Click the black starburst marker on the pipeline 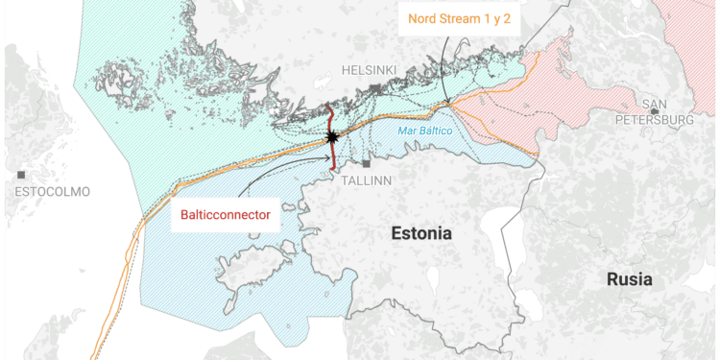tap(332, 138)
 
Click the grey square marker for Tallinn tap(366, 164)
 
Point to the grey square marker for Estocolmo tap(21, 175)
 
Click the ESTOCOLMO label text tap(52, 192)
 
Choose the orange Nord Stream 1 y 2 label tap(458, 18)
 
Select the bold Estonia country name tap(421, 233)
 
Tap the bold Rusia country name tap(629, 279)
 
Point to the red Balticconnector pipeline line tap(331, 120)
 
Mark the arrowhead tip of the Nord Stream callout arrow tap(447, 104)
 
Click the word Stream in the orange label tap(460, 18)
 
